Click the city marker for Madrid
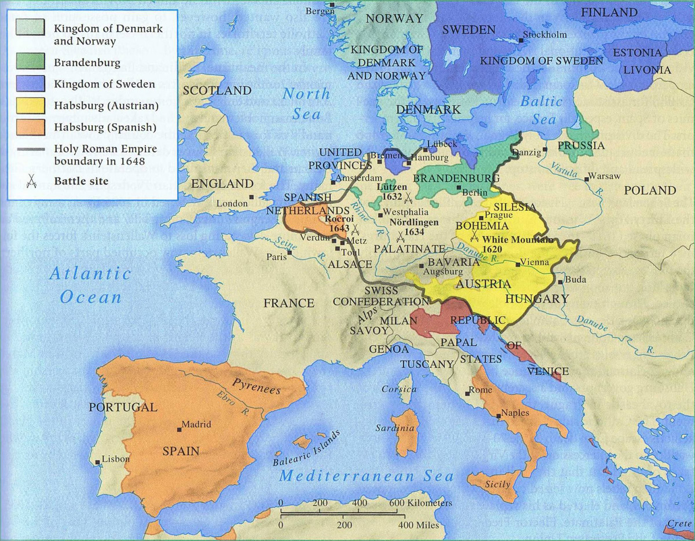coord(178,429)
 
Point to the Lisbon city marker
coord(98,459)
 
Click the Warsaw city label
coord(604,176)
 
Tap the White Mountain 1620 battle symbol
coord(475,237)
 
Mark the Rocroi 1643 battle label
coord(338,224)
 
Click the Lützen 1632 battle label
coord(392,192)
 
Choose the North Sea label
coord(306,104)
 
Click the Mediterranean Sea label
coord(365,477)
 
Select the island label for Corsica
coord(398,389)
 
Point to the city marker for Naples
coord(499,415)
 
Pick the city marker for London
coord(251,198)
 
